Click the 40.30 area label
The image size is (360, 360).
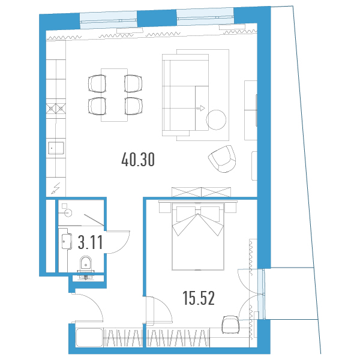point(138,160)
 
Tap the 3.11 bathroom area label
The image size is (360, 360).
point(90,242)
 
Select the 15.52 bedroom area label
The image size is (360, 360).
point(199,298)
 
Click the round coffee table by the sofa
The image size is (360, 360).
point(216,119)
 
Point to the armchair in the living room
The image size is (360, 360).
point(222,159)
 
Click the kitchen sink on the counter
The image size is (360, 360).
point(56,148)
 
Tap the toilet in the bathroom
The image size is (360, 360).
point(86,263)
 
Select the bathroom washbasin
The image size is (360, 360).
point(67,241)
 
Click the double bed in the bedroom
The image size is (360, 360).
point(198,236)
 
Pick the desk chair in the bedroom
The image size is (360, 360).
point(230,325)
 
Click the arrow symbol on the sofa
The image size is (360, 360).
point(200,108)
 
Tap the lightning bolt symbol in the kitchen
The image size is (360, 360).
point(56,188)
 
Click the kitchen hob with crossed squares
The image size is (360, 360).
point(56,108)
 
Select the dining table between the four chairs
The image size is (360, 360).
point(115,95)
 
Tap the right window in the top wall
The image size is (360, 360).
point(205,16)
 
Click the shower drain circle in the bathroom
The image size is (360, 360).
point(68,213)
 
